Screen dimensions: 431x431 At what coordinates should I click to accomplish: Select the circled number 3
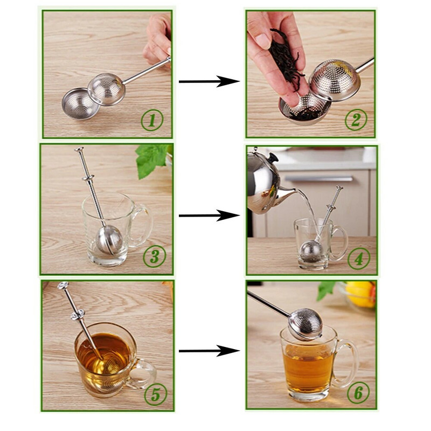coord(154,257)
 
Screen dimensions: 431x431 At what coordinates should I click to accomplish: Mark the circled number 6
coord(358,394)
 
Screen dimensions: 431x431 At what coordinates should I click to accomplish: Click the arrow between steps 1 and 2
coord(209,81)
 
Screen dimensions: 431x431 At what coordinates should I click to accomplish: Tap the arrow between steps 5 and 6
coord(209,351)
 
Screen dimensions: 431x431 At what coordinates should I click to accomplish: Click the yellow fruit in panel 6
coord(361,294)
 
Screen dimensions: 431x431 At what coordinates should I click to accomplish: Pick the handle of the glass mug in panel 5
coord(143,372)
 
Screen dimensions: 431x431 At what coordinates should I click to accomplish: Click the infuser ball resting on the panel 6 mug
coord(305,324)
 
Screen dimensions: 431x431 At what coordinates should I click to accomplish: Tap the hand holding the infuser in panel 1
coord(158,38)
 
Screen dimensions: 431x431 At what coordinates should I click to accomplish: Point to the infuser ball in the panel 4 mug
coord(311,252)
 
